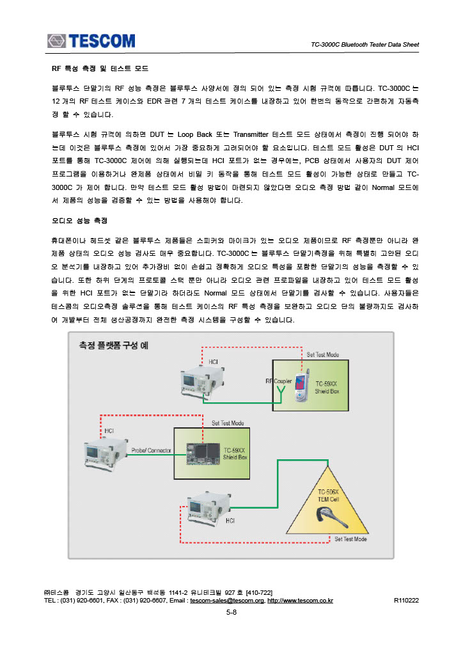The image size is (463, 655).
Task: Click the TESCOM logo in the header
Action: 90,41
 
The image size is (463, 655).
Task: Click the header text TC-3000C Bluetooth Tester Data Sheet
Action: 365,45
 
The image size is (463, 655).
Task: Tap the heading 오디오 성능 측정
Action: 79,221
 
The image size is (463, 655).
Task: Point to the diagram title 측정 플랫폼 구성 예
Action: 113,345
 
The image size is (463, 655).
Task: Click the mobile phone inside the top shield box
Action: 300,388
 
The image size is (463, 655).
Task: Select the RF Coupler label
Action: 279,381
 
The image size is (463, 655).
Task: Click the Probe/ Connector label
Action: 151,450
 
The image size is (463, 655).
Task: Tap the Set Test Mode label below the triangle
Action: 350,539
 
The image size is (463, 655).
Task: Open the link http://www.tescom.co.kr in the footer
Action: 300,601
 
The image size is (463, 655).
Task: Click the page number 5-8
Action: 231,612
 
